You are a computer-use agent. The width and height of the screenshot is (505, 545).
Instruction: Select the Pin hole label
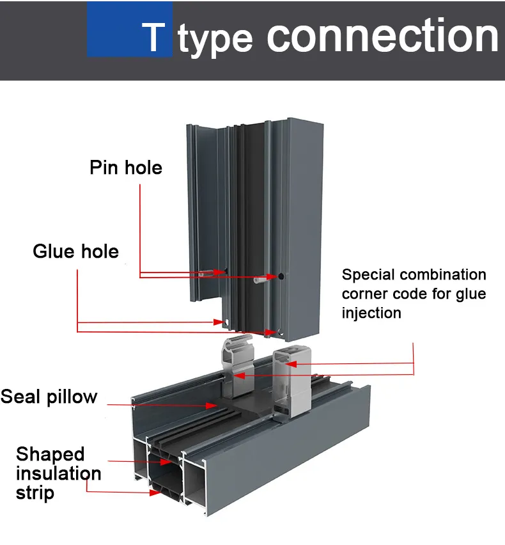tap(126, 168)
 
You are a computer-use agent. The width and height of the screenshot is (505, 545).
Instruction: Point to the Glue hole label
tap(75, 251)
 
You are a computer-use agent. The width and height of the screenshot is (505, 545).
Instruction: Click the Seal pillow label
tap(49, 397)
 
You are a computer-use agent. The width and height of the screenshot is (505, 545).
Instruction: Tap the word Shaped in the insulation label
tap(50, 454)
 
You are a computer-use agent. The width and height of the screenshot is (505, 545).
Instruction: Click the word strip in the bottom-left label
tap(35, 493)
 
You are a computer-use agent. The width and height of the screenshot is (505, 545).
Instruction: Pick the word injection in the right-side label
tap(371, 313)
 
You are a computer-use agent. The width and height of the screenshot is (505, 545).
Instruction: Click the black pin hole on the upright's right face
tap(281, 276)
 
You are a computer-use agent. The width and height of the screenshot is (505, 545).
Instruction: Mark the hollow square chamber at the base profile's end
tap(165, 477)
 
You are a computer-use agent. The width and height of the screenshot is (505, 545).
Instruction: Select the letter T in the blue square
tap(153, 38)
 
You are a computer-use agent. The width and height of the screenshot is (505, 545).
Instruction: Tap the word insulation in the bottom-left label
tap(58, 473)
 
